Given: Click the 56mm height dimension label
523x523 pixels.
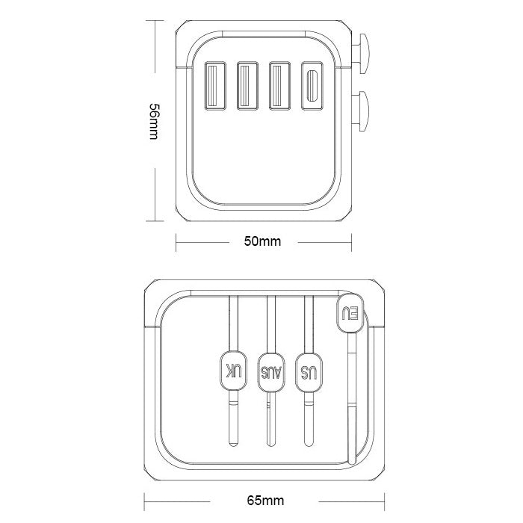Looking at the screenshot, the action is pos(154,121).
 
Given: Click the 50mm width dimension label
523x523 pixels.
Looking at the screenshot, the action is pos(262,241).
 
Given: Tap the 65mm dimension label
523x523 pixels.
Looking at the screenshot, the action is pos(265,501).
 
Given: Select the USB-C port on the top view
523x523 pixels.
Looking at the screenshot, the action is pos(312,86).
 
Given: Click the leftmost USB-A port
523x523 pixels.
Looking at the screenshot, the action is pos(215,86).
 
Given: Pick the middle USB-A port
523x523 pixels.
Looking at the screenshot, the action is pos(247,86).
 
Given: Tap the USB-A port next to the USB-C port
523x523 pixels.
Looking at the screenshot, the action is pos(279,86).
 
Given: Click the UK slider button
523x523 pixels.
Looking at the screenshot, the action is pos(233,371).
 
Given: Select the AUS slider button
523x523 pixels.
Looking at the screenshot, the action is pos(271,372).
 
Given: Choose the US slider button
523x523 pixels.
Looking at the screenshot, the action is pos(309,372).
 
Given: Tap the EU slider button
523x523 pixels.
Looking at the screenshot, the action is pos(350,313).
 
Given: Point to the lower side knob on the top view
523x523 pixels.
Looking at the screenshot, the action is pos(360,111).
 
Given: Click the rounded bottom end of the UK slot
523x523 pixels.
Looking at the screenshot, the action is pos(233,444).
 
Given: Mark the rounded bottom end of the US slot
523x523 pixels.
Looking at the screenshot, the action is pos(309,444).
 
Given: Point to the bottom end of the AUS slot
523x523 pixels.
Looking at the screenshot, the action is pos(271,444).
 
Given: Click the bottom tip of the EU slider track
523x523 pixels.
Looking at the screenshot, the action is pos(352,463).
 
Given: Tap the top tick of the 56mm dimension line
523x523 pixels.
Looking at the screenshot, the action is pos(155,21).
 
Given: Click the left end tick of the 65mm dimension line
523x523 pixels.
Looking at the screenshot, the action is pos(144,501).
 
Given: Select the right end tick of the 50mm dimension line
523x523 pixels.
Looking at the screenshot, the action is pos(351,242).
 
